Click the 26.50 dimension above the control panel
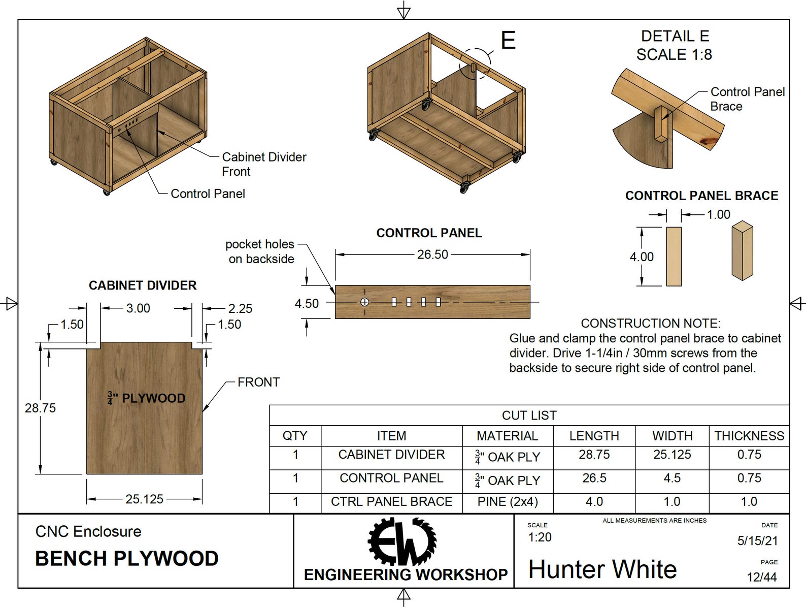click(x=432, y=254)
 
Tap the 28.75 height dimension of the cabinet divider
click(x=40, y=408)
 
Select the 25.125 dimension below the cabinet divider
click(x=144, y=499)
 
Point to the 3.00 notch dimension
click(x=138, y=308)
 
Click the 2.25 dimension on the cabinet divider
click(x=240, y=308)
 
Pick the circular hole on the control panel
click(x=364, y=302)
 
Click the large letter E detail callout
click(x=508, y=40)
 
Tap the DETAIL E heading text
click(x=675, y=36)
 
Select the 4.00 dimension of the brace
click(x=641, y=257)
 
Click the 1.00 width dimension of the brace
click(x=719, y=214)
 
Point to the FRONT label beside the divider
click(x=258, y=382)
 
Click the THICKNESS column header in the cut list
click(x=749, y=436)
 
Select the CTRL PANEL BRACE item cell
click(x=391, y=501)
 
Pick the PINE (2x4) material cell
click(x=507, y=501)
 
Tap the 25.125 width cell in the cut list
click(x=672, y=455)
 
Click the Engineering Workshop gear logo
click(x=402, y=541)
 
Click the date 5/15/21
click(x=757, y=540)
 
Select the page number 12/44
click(x=761, y=577)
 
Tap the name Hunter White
click(x=602, y=569)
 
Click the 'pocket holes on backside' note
click(x=260, y=251)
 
